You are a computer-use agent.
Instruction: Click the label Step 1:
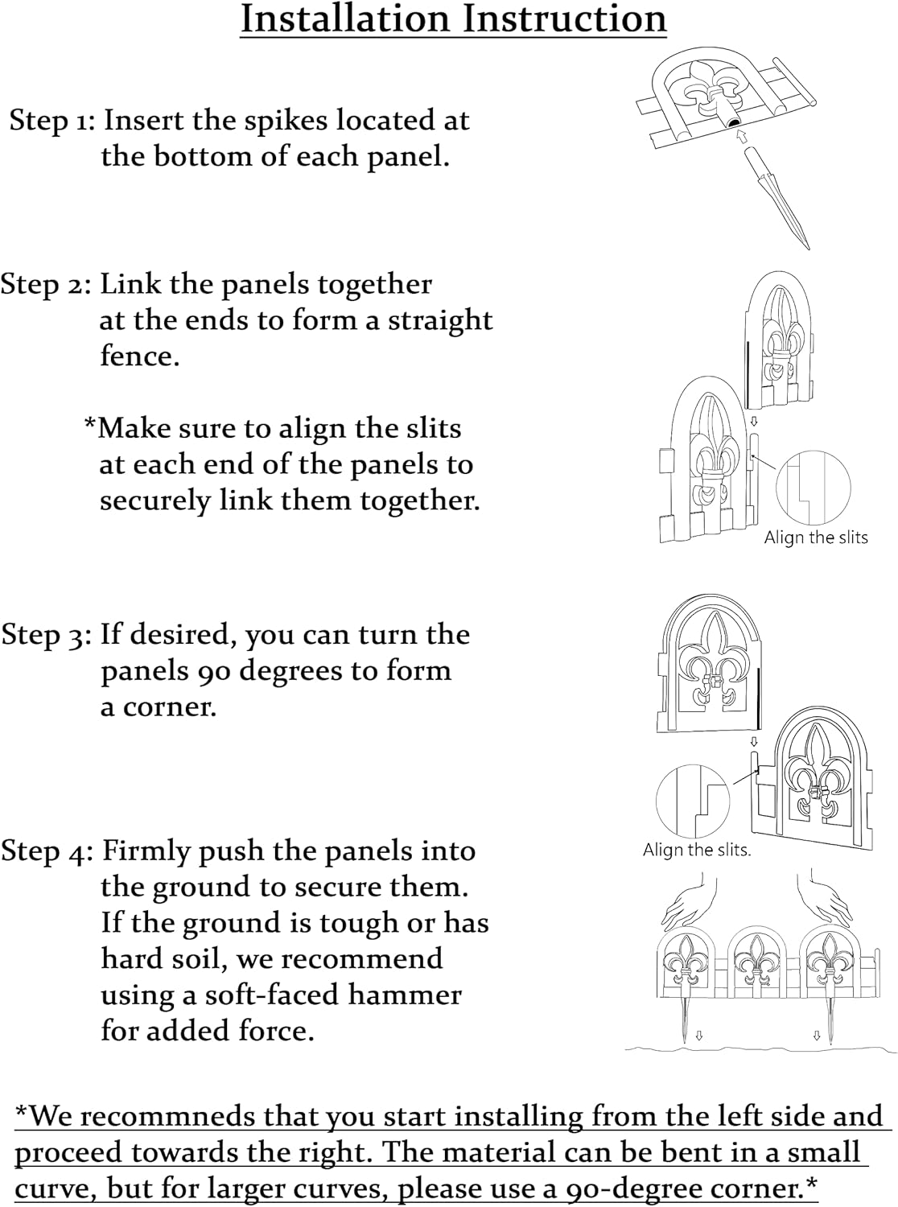tap(52, 121)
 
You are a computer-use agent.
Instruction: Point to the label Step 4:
tap(47, 851)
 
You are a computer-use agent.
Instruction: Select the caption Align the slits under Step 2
tap(816, 538)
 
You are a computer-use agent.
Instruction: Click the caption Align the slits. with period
tap(697, 850)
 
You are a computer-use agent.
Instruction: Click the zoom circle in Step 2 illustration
tap(814, 488)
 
